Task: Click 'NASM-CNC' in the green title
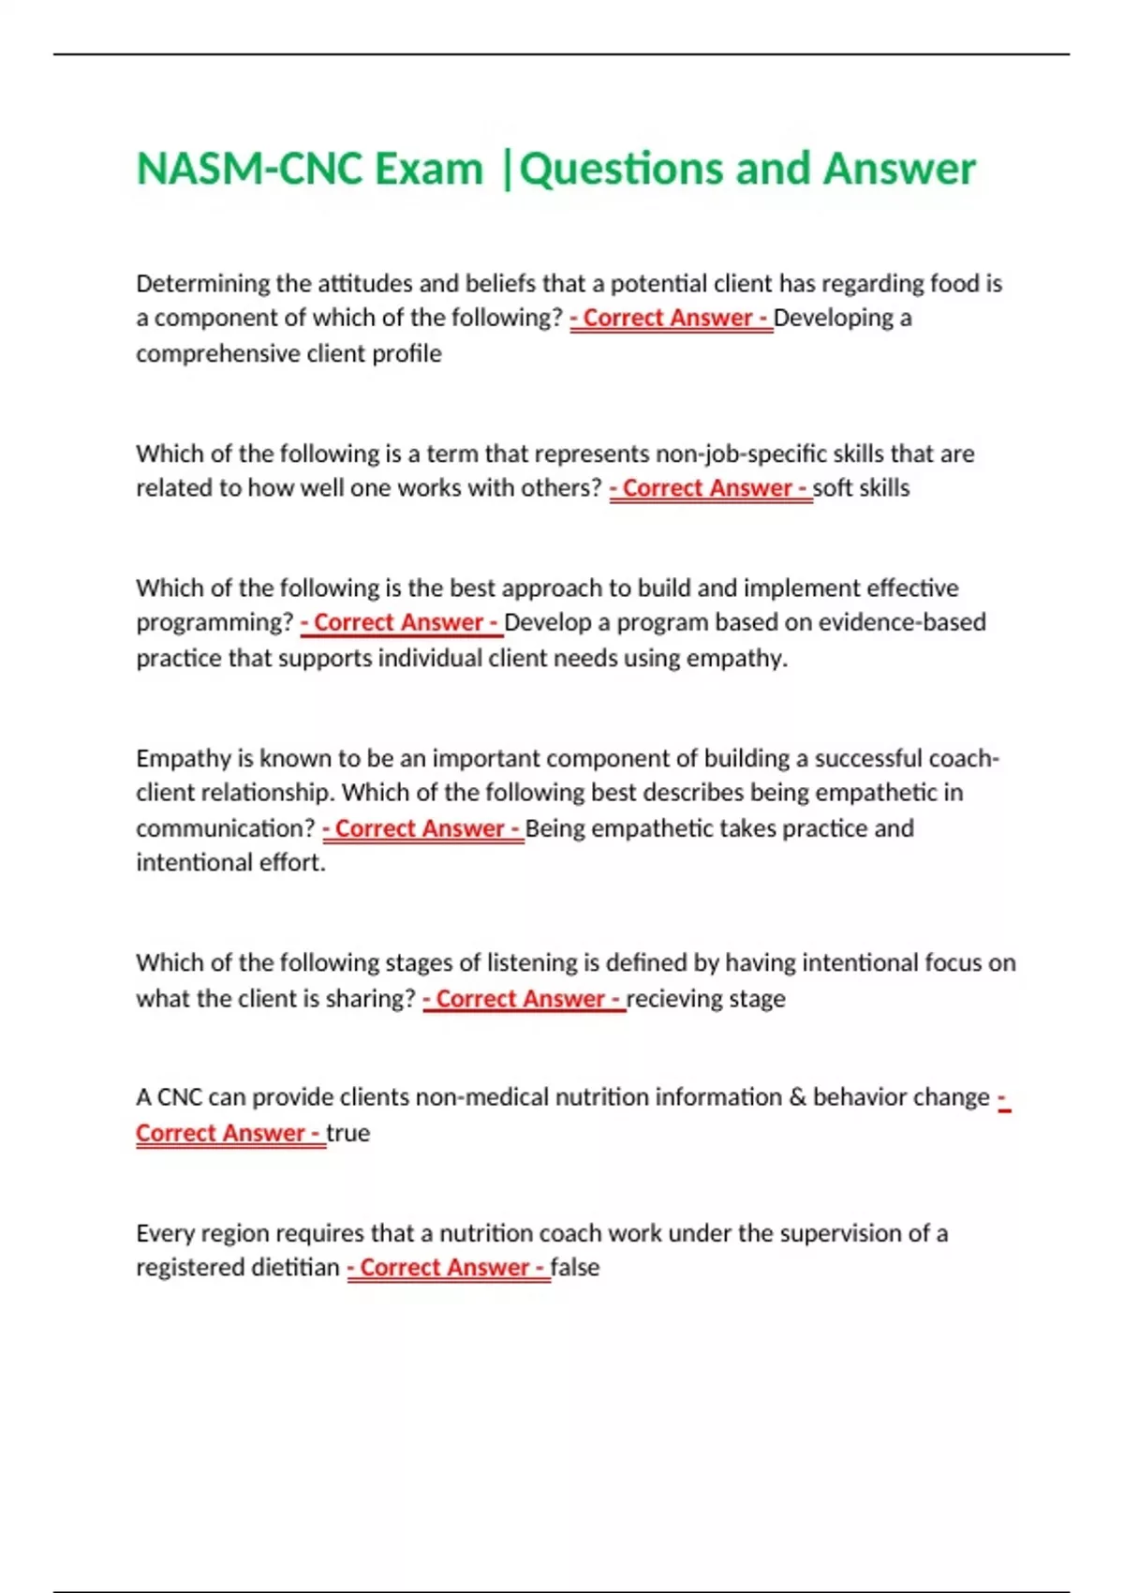(x=249, y=170)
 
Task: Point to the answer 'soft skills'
(x=861, y=488)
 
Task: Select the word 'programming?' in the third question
(x=214, y=622)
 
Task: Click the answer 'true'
(x=348, y=1133)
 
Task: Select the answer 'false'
(x=574, y=1268)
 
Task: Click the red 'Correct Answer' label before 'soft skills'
(x=709, y=488)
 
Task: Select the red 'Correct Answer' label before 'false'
(x=447, y=1268)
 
